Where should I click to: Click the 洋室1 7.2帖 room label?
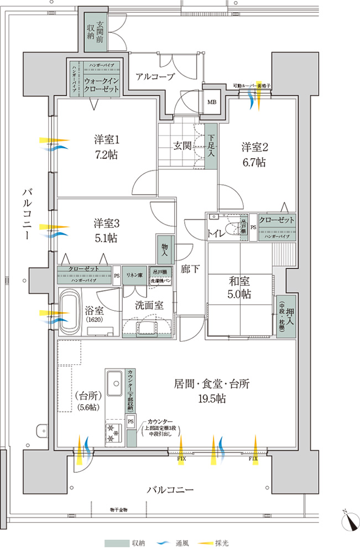[x=105, y=147]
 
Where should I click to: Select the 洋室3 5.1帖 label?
[x=105, y=231]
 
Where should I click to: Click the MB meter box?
[x=212, y=103]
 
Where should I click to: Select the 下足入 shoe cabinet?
[x=211, y=146]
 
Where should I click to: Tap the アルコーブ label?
[x=155, y=77]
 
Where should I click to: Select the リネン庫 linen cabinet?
[x=133, y=275]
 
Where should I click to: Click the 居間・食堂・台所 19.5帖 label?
[x=211, y=390]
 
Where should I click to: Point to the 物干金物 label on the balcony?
[x=118, y=509]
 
